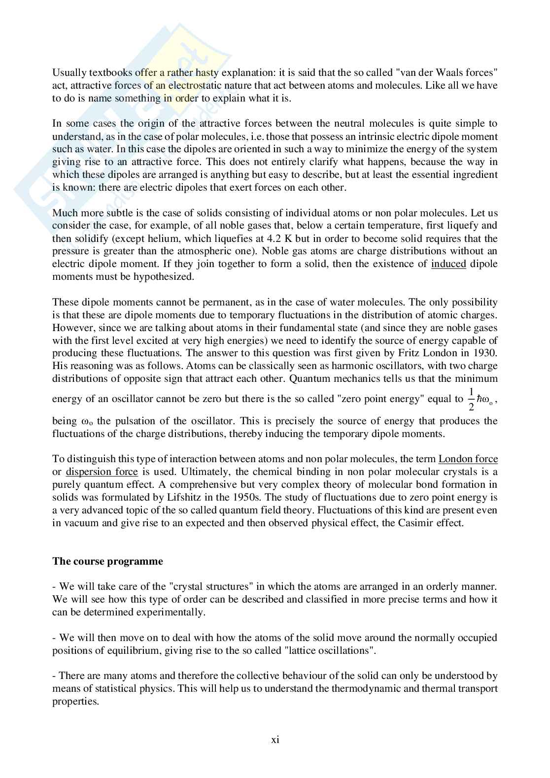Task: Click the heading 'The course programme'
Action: pyautogui.click(x=107, y=561)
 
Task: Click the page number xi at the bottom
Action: pyautogui.click(x=275, y=739)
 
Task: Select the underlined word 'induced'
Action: pyautogui.click(x=448, y=264)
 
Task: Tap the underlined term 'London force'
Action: pyautogui.click(x=468, y=459)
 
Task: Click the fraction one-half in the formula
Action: pyautogui.click(x=471, y=399)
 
